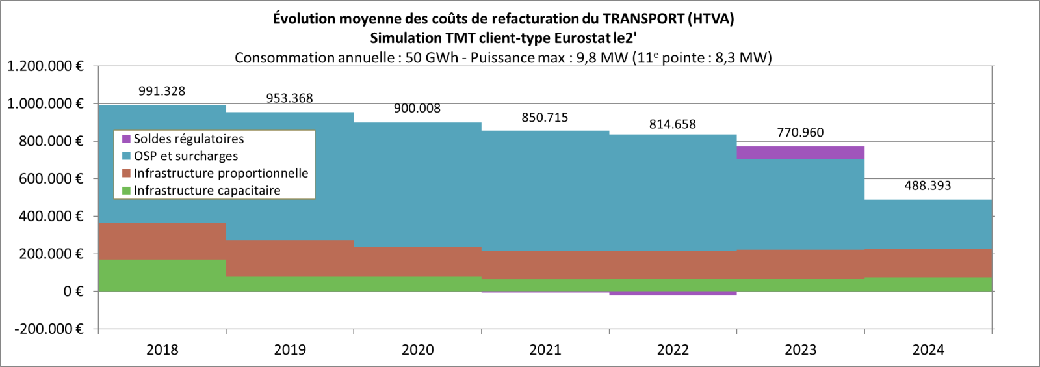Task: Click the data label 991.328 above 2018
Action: pos(162,91)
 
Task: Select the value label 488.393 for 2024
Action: pos(928,185)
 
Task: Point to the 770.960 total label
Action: pos(800,133)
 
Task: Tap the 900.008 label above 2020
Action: pos(417,109)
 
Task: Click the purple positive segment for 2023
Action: pos(800,153)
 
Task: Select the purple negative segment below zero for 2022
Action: pos(673,293)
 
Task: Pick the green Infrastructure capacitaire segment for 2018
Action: pos(162,275)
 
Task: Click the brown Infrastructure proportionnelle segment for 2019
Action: pos(290,258)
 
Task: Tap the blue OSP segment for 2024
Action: pos(928,224)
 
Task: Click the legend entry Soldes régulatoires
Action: pos(188,139)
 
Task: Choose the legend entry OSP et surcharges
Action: pos(185,156)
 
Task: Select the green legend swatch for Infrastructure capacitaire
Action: pos(126,191)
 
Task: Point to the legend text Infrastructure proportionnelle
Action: pos(220,173)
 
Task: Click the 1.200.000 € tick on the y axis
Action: pos(45,66)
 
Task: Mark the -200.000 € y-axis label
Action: pos(49,329)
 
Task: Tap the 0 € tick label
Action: pos(73,292)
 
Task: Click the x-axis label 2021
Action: pos(545,350)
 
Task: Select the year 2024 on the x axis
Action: pos(928,350)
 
